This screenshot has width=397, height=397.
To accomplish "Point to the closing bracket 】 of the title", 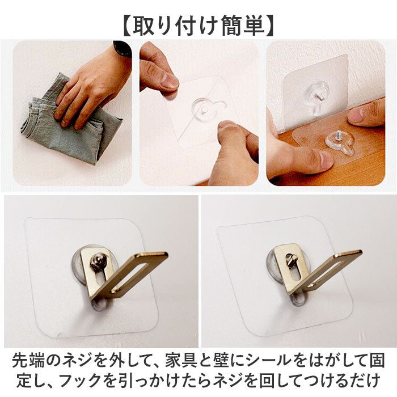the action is pyautogui.click(x=269, y=26).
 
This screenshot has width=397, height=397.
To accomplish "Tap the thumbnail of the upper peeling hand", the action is pyautogui.click(x=169, y=81).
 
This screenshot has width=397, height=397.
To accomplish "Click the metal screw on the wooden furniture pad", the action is pyautogui.click(x=339, y=136).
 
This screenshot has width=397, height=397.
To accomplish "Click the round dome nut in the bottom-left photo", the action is pyautogui.click(x=98, y=260).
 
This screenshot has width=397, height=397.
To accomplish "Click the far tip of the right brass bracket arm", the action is pyautogui.click(x=361, y=251).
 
